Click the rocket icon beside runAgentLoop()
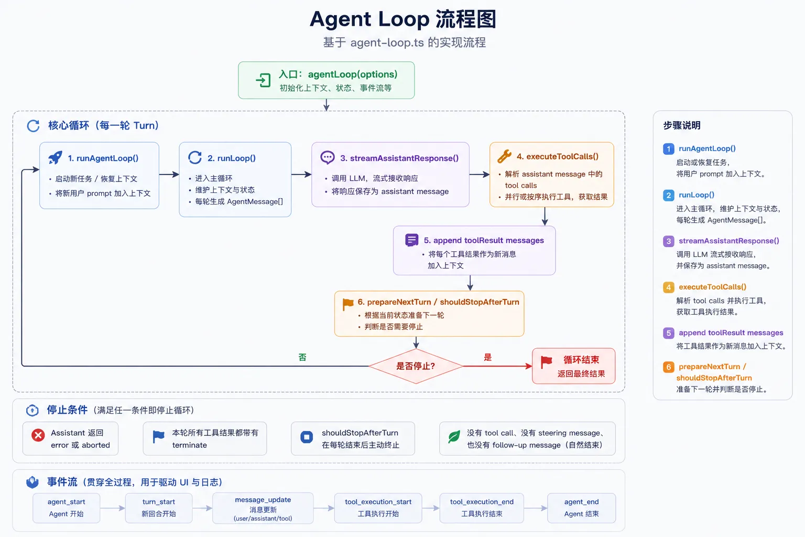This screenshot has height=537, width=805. coord(56,158)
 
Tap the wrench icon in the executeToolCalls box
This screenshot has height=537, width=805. coord(504,156)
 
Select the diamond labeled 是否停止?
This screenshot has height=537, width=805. coord(416,366)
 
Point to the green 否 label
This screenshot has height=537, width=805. coord(302,357)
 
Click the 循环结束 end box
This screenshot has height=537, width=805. coord(573,366)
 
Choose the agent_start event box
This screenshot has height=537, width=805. coord(67,508)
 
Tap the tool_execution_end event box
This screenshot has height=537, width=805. coord(482,508)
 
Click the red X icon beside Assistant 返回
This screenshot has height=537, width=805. coord(38,435)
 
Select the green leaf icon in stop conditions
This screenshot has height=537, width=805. coord(454,436)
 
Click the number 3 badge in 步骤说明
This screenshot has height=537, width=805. coord(668,241)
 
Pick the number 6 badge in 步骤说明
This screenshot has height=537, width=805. coord(668,367)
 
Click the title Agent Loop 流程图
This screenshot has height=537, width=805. coord(403,19)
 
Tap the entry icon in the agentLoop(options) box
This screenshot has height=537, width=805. coord(263,80)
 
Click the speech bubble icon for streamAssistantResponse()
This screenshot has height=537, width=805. coord(328,157)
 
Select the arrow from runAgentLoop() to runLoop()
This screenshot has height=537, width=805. coord(169,175)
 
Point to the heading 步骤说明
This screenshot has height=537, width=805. coord(682,125)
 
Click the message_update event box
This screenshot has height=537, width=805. coord(263,508)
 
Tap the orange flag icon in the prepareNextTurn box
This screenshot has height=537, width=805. coord(348,304)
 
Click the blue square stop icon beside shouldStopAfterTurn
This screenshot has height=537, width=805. coord(307,437)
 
